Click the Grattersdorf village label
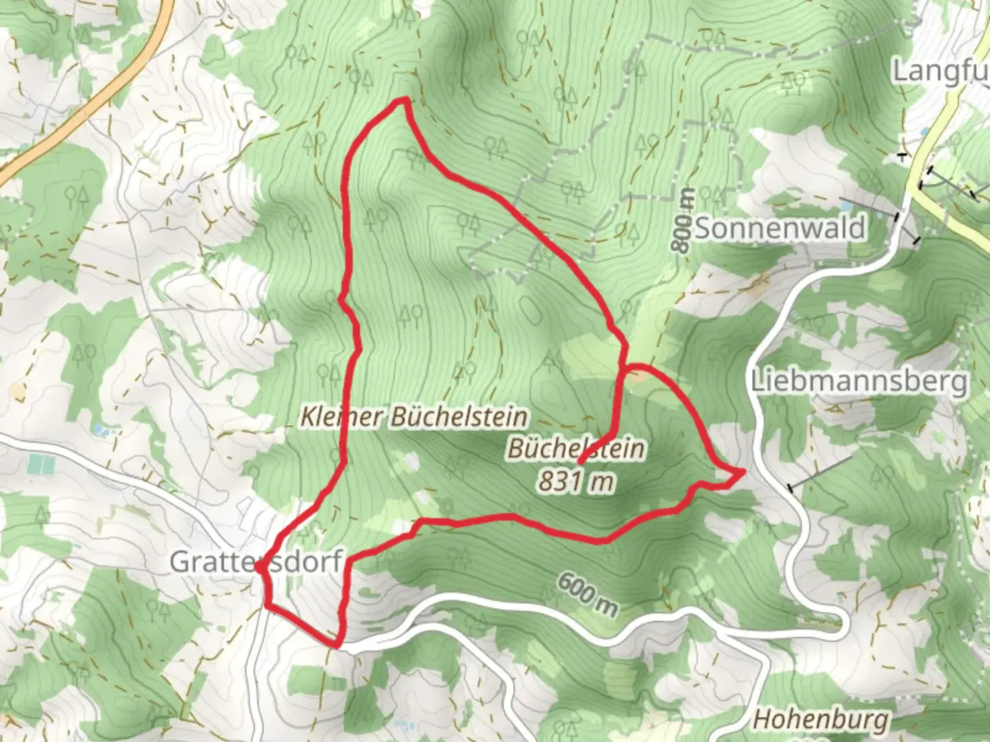click(x=256, y=561)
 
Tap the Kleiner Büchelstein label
click(x=415, y=416)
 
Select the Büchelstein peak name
click(x=576, y=449)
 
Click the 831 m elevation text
click(x=575, y=482)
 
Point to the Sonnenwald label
click(x=780, y=228)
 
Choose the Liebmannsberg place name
click(x=859, y=381)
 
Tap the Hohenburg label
click(x=821, y=719)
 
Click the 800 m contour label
click(x=682, y=220)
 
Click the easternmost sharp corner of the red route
click(x=742, y=471)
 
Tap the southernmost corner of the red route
click(x=335, y=645)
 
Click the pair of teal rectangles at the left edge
click(x=41, y=466)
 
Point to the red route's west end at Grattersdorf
click(x=257, y=568)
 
